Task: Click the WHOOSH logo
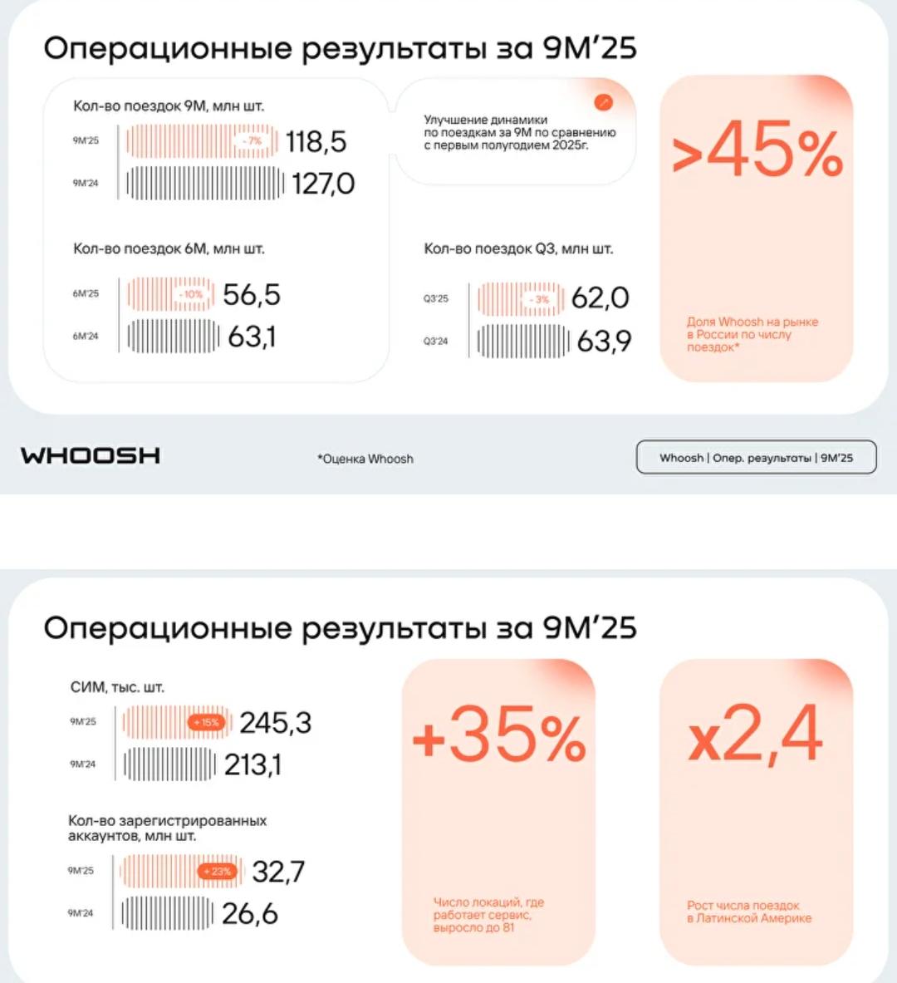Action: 91,455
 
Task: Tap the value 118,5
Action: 316,142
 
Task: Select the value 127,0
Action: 323,184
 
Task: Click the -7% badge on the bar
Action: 252,141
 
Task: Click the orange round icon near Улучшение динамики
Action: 604,102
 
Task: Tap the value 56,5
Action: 252,295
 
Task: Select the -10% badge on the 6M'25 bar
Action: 191,295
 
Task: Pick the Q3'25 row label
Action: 436,298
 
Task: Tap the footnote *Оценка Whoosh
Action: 365,459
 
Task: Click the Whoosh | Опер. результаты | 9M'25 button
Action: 756,457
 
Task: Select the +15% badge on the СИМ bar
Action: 206,722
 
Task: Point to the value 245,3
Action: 275,723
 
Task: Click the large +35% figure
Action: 499,735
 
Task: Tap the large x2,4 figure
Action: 755,735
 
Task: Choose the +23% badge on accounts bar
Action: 218,872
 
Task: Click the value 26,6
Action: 249,914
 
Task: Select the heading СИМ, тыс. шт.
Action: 117,687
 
